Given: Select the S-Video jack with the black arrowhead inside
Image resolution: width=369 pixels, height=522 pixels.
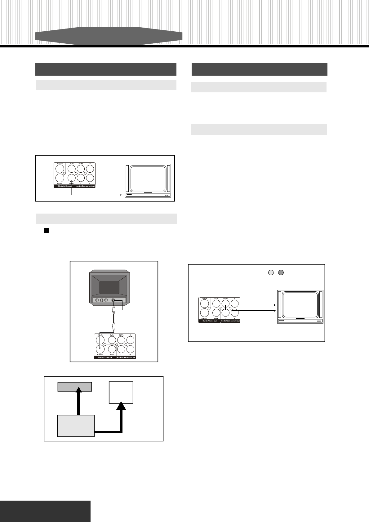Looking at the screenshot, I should coord(100,349).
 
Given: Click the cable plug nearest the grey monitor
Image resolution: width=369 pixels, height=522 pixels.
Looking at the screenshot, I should coord(114,309).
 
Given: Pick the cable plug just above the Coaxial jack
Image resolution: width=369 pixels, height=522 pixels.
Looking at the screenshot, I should coord(114,326).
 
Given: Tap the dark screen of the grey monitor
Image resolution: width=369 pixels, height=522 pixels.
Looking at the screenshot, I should coord(109,287).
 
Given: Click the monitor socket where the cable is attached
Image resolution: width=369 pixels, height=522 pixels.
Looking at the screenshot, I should coord(113,300).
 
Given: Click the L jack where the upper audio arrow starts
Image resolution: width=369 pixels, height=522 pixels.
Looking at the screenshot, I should coord(226,312).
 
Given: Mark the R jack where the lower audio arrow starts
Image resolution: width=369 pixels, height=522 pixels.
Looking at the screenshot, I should coord(235,312).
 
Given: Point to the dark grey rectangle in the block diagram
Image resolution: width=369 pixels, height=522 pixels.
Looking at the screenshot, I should coord(75,387).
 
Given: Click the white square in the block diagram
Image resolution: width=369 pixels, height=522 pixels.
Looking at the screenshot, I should coord(121,392).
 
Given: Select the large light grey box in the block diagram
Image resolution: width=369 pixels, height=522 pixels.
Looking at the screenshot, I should coord(76,426).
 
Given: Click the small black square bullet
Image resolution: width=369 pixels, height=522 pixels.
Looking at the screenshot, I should coord(46,230).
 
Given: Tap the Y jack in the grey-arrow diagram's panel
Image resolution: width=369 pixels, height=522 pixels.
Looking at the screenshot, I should coord(90,169).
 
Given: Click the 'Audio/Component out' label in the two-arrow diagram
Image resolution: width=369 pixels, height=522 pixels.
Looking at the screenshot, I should coord(230,321).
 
